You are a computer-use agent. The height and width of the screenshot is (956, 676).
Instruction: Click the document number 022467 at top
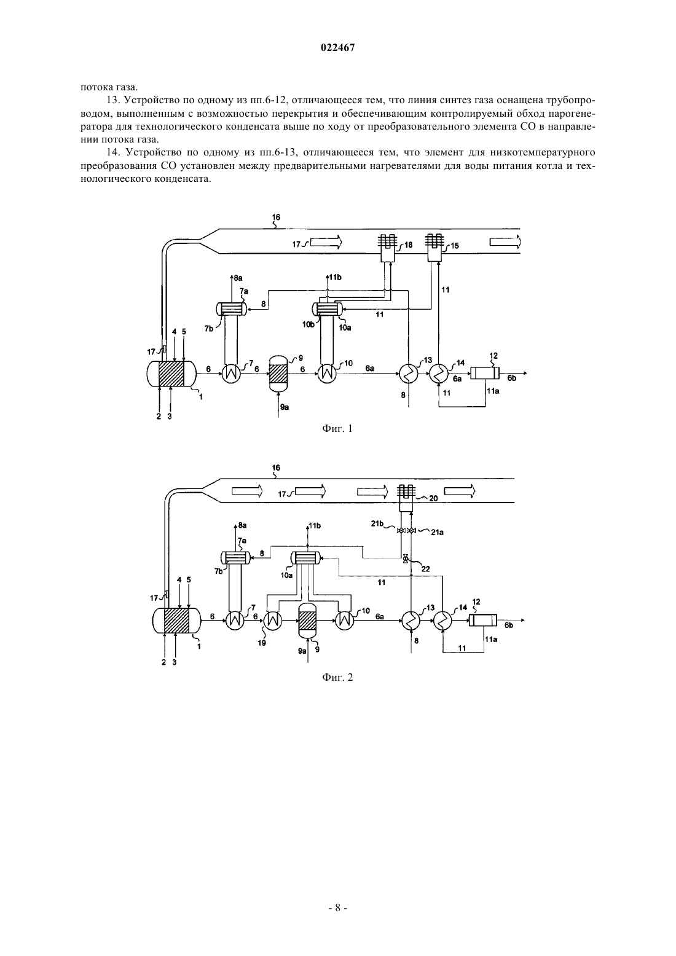(x=337, y=48)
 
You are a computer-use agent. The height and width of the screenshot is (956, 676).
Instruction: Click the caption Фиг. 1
(x=337, y=428)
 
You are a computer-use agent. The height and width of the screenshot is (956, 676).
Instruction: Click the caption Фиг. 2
(x=337, y=677)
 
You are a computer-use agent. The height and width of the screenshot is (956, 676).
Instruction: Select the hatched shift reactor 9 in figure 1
(x=278, y=373)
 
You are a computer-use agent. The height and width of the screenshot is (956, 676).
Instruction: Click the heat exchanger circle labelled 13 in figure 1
(x=409, y=374)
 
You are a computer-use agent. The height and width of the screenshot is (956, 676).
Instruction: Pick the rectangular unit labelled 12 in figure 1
(x=484, y=374)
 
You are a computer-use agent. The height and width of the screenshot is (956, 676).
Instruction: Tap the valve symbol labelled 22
(x=406, y=558)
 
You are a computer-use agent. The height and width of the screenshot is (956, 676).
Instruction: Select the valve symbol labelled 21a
(x=412, y=530)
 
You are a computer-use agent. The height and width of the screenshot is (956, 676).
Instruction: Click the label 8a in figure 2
(x=242, y=526)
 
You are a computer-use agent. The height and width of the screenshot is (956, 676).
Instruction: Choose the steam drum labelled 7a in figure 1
(x=232, y=308)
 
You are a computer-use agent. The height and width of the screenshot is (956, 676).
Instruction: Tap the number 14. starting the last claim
(x=113, y=152)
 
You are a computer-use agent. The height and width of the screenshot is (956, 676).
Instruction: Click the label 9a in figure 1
(x=284, y=407)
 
